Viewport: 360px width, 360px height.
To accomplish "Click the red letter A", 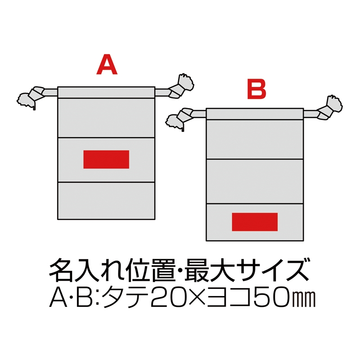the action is [x=107, y=65].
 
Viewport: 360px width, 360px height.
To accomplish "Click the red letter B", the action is [x=256, y=89].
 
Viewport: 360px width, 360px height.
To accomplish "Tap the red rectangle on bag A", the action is [x=106, y=160].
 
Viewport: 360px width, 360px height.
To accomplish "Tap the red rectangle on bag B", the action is [x=255, y=222].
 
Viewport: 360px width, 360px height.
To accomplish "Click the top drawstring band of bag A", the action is [x=106, y=93].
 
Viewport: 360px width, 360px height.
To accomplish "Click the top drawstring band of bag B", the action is [x=255, y=114].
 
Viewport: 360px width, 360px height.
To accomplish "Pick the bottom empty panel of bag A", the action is [x=106, y=201].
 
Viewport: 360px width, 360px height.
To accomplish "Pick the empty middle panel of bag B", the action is [x=255, y=181].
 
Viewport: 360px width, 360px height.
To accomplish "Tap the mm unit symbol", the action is [x=304, y=299].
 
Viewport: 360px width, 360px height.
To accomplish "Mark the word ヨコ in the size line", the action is [x=229, y=297].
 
